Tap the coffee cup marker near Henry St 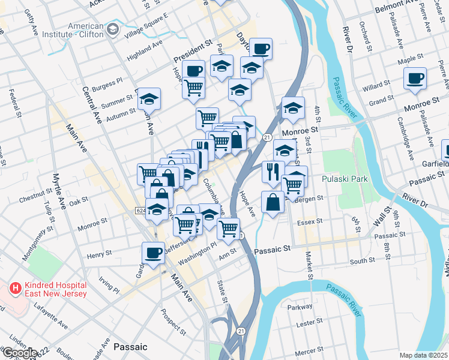pyautogui.click(x=153, y=253)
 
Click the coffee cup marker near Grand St pyautogui.click(x=415, y=79)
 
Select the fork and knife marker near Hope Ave pyautogui.click(x=273, y=172)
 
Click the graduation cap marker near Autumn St pyautogui.click(x=149, y=99)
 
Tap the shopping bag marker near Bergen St pyautogui.click(x=273, y=202)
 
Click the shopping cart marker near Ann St pyautogui.click(x=228, y=228)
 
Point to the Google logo pyautogui.click(x=19, y=353)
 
